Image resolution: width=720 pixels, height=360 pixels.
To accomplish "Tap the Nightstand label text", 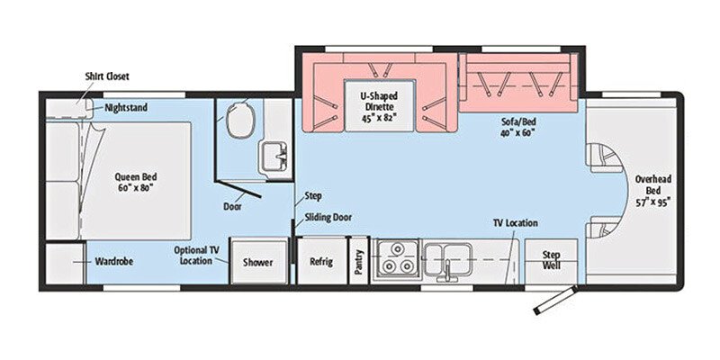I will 126,108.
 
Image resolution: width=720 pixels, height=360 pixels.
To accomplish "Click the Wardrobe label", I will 114,263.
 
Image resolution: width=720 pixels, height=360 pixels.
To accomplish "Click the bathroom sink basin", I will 272,156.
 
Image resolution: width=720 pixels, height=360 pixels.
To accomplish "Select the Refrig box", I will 321,262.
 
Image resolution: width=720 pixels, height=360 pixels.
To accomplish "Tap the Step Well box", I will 551,260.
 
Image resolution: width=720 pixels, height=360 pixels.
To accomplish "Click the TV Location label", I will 517,220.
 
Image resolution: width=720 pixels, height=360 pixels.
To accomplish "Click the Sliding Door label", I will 328,217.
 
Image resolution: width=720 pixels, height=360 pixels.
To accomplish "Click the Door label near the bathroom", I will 232,206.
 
